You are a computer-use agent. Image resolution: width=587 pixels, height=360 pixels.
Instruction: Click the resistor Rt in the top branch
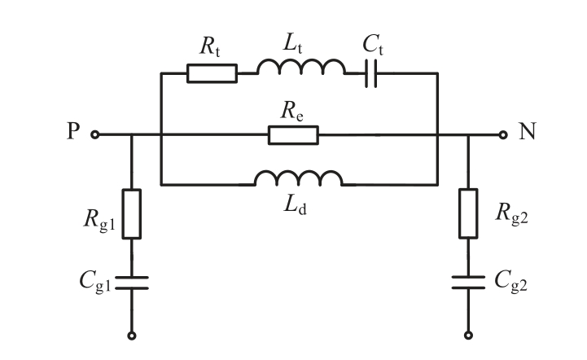click(212, 73)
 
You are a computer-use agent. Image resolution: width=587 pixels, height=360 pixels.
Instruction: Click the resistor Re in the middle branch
click(294, 135)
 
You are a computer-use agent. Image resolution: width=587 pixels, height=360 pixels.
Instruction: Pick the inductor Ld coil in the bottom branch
click(298, 179)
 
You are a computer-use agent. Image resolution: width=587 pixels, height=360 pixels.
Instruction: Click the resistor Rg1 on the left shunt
click(132, 213)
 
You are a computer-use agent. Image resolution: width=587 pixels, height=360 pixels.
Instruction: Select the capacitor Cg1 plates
click(132, 283)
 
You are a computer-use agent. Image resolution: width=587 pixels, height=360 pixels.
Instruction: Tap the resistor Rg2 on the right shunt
click(467, 213)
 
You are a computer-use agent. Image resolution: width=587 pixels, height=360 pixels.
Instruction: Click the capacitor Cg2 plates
click(467, 283)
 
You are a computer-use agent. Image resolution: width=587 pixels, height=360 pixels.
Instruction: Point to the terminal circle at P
click(95, 135)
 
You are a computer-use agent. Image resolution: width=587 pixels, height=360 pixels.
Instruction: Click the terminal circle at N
click(505, 135)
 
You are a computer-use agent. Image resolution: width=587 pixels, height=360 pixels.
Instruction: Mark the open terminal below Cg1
click(132, 335)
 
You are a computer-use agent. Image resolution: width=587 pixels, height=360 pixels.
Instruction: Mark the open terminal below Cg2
click(467, 335)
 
